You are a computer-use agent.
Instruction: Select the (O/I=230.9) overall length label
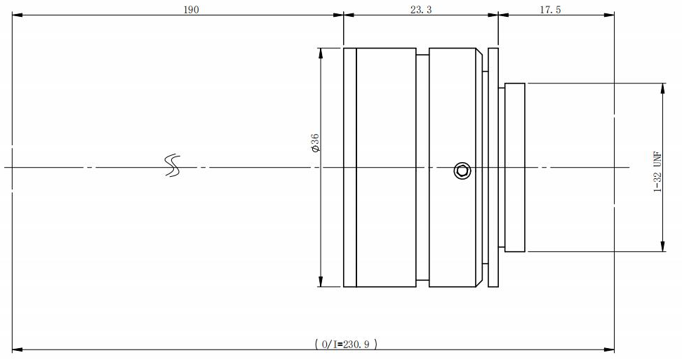(347, 344)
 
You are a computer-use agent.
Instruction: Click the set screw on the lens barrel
(462, 169)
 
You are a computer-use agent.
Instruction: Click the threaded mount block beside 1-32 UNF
(514, 167)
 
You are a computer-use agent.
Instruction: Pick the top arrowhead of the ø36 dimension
(321, 51)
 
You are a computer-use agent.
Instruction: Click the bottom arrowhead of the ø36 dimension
(321, 283)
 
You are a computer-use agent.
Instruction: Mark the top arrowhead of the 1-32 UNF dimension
(662, 87)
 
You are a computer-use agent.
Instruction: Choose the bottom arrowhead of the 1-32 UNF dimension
(662, 247)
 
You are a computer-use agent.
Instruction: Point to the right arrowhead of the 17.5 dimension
(610, 15)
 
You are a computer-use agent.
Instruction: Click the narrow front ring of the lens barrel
(349, 167)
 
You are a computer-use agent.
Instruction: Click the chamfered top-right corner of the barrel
(479, 51)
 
